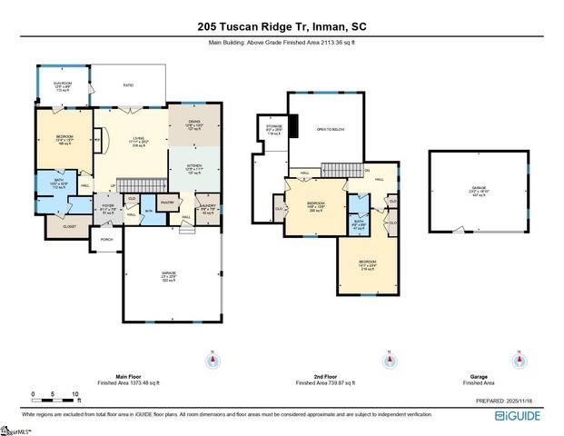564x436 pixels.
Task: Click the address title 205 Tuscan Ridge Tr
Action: click(x=282, y=27)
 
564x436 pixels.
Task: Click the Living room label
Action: click(x=139, y=142)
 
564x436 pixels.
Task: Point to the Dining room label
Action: click(x=193, y=125)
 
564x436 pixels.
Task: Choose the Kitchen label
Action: click(x=192, y=168)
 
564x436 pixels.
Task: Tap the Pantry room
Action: click(x=167, y=203)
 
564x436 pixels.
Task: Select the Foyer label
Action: click(x=107, y=209)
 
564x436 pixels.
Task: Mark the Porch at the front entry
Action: click(x=107, y=240)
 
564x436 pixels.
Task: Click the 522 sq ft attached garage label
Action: click(x=168, y=278)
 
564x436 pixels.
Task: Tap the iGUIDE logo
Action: click(x=519, y=415)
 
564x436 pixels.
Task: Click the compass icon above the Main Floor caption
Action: click(x=212, y=360)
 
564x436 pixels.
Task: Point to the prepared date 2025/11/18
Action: click(x=510, y=400)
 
